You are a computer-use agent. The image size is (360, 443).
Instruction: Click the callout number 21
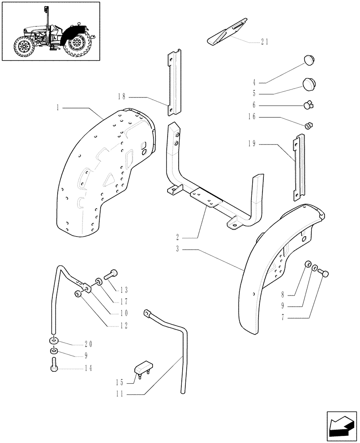coord(265,43)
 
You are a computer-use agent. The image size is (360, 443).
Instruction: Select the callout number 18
coord(123,97)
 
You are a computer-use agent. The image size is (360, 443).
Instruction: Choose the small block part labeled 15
coord(144,368)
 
